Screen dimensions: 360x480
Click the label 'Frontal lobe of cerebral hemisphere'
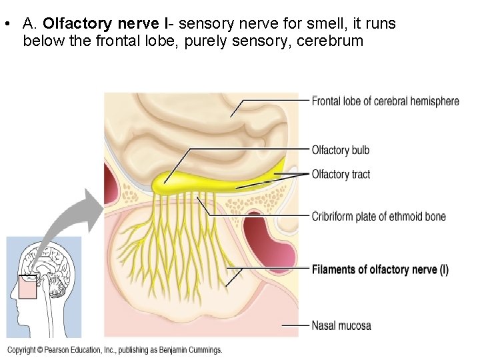385,101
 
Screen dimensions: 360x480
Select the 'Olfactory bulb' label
340,150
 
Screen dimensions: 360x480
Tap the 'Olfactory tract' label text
341,175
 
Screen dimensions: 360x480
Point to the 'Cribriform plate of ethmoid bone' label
379,216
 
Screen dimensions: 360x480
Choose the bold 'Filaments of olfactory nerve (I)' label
380,269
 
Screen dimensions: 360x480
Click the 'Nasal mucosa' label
341,326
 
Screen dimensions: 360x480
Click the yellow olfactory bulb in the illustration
167,180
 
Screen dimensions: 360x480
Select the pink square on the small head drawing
29,287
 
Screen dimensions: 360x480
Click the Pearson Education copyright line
115,350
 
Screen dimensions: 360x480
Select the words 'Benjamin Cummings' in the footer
192,350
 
